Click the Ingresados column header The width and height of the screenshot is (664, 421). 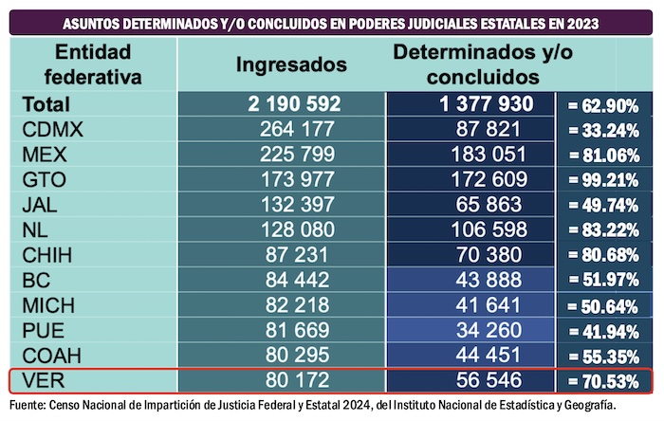coord(291,65)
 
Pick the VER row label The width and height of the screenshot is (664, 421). coord(42,381)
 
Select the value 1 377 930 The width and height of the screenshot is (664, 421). coord(470,104)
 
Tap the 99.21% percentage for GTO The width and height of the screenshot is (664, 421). coord(608,179)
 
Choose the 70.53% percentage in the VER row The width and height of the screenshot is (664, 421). coord(608,381)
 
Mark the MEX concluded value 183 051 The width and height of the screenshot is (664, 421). coord(470,155)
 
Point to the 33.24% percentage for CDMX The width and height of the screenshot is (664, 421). coord(608,130)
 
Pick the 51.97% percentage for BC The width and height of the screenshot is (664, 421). coord(608,281)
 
